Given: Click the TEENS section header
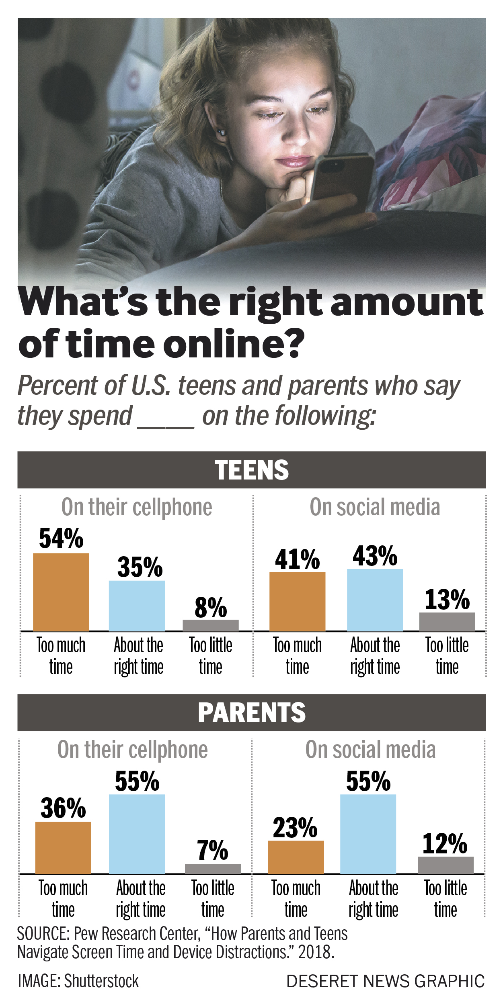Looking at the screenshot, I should [252, 470].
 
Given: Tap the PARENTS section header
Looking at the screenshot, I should [252, 712].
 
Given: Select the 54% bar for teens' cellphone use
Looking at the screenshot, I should [61, 592].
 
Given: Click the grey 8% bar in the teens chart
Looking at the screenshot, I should [211, 625].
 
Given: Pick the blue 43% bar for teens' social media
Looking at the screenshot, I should [375, 600].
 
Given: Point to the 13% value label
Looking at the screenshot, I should [447, 600].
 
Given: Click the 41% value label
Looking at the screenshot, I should [297, 559].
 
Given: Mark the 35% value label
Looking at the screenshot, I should [140, 567].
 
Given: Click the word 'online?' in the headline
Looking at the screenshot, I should [234, 344].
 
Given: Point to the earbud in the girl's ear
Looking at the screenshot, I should [221, 132].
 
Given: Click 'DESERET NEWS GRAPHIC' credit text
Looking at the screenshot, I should [385, 981].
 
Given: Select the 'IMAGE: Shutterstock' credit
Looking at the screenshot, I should [78, 981].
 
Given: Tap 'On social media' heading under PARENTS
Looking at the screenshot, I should [370, 749].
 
